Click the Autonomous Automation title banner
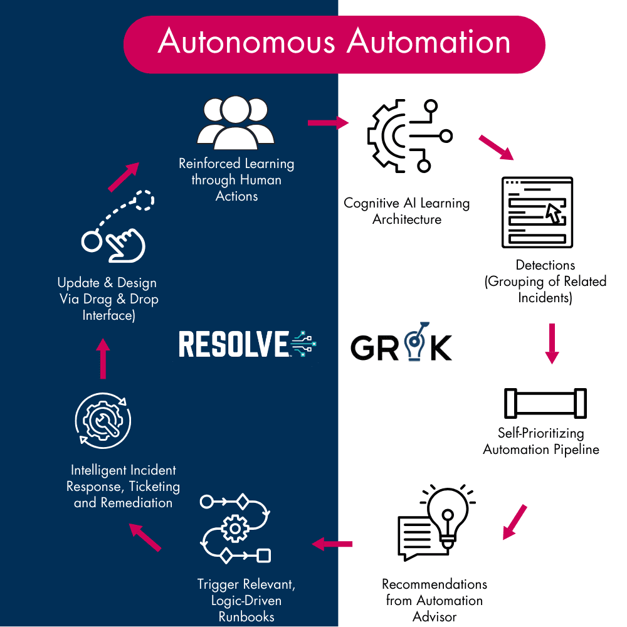(x=334, y=45)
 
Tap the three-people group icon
(x=236, y=123)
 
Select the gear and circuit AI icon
(x=410, y=136)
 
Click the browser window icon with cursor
(x=537, y=213)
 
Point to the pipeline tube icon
(x=545, y=403)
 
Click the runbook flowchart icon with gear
(x=236, y=529)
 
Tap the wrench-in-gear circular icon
(x=103, y=421)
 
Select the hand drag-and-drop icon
(x=118, y=226)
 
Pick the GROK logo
(x=401, y=342)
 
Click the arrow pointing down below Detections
(x=552, y=344)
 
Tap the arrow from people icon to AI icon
(x=329, y=123)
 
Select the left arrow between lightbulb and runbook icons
(x=332, y=544)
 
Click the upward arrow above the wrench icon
(x=103, y=358)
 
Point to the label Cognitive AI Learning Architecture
(x=407, y=211)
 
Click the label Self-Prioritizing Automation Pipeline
(x=541, y=441)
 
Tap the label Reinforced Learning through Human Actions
(x=236, y=179)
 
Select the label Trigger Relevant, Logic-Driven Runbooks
(x=246, y=600)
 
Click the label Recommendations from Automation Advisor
(x=435, y=600)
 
